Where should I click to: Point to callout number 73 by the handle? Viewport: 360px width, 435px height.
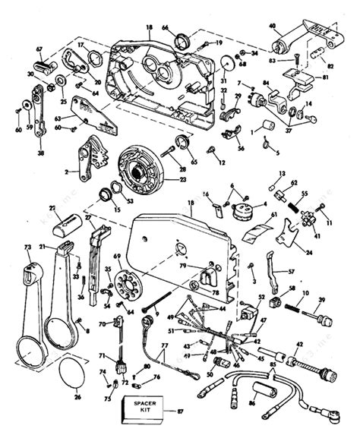pyautogui.click(x=27, y=247)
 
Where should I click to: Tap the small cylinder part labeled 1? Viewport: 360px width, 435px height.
pyautogui.click(x=267, y=125)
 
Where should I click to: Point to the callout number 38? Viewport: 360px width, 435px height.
pyautogui.click(x=39, y=152)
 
